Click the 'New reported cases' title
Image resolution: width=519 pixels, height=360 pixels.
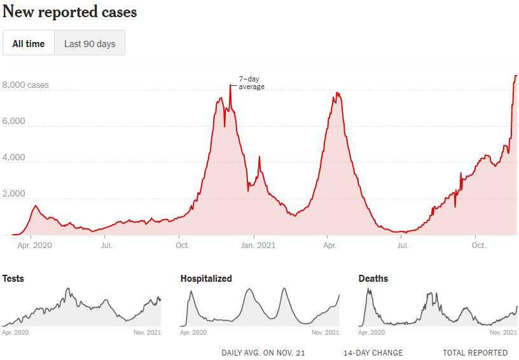(70, 11)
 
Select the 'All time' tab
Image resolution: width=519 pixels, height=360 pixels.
(29, 43)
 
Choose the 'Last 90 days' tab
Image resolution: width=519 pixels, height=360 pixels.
(90, 43)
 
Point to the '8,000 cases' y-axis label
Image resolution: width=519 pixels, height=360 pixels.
(25, 85)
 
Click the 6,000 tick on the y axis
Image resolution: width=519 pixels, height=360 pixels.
(14, 121)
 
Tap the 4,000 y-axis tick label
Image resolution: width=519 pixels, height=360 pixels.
(14, 158)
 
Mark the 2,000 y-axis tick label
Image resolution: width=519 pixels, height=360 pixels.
(14, 194)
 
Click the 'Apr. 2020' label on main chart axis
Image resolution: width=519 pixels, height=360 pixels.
(34, 245)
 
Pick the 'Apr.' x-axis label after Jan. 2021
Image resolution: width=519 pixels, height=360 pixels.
(329, 245)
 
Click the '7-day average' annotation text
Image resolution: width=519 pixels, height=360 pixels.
(251, 83)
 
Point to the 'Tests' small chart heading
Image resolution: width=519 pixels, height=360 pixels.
(13, 279)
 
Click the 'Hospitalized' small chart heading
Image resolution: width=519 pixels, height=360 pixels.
(206, 279)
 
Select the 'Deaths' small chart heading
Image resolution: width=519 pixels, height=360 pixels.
(373, 279)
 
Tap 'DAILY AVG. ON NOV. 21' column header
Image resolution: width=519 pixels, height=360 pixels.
(263, 353)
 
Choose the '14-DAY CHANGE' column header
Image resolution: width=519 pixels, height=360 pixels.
(373, 353)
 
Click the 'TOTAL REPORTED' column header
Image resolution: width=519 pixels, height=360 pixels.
(475, 353)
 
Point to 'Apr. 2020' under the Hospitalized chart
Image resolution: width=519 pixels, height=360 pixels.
(194, 332)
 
